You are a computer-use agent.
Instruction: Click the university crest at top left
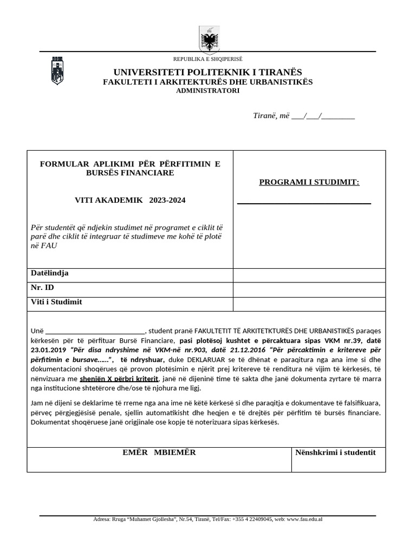point(57,70)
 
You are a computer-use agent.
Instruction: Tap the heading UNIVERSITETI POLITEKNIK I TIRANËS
point(207,72)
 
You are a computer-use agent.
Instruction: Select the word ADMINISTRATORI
point(207,91)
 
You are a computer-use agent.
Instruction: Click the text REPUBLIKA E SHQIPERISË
point(207,59)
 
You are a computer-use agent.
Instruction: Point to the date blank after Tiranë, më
point(323,116)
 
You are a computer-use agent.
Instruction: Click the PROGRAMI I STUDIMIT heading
point(309,182)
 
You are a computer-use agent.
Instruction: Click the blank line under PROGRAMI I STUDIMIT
point(304,203)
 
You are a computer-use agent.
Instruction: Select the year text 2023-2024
point(167,200)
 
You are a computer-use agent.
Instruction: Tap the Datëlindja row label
point(50,273)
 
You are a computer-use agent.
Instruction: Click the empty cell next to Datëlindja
point(309,275)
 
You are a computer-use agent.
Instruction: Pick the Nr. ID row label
point(43,288)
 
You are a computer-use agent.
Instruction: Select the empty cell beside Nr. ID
point(309,289)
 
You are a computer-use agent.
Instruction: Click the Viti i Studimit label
point(57,302)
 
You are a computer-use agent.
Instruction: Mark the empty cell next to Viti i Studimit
point(309,304)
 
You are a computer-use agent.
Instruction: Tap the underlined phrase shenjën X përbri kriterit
point(119,379)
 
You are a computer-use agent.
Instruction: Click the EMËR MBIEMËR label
point(158,452)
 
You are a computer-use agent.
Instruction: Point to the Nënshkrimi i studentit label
point(335,452)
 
